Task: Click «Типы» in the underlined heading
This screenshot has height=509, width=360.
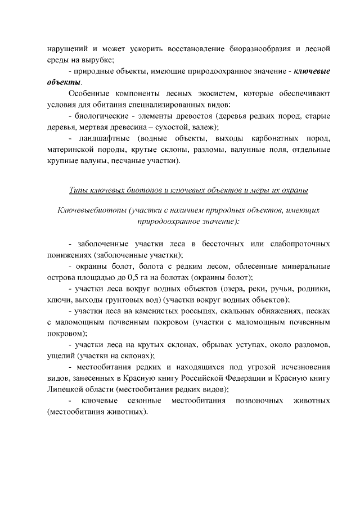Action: click(79, 190)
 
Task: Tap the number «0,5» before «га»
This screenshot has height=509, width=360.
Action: click(145, 277)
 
